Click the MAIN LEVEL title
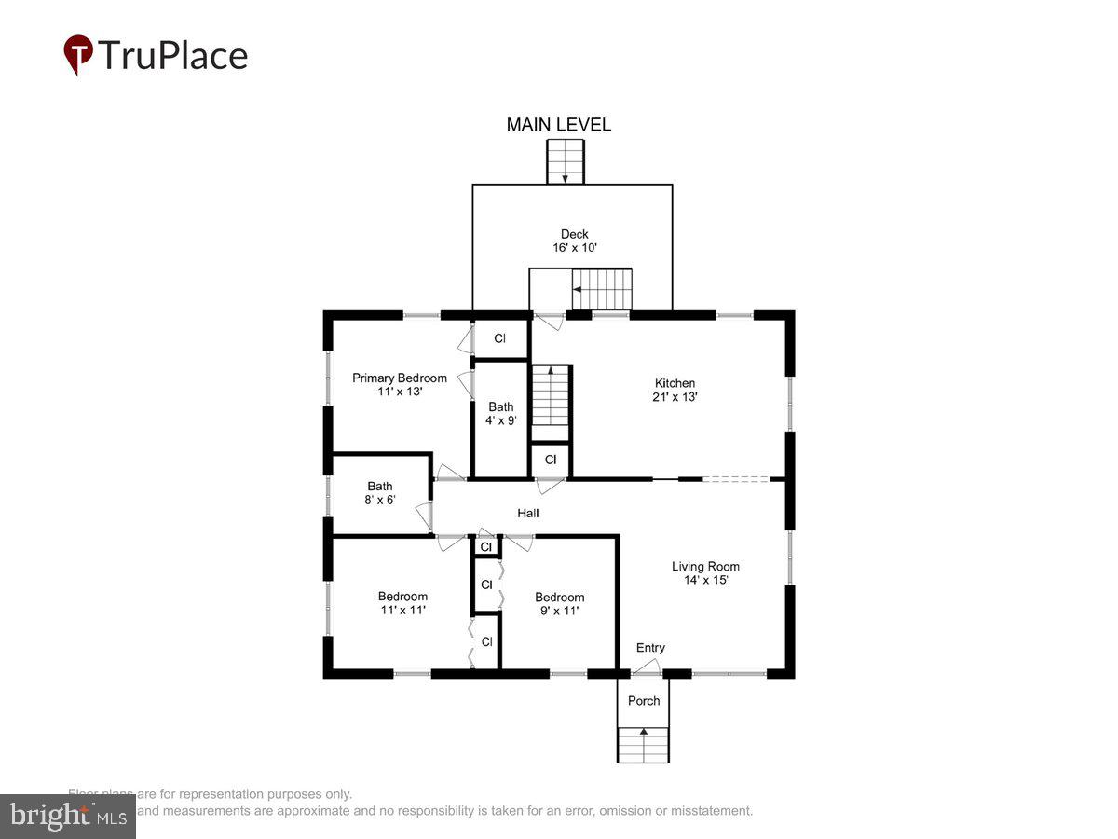pyautogui.click(x=558, y=125)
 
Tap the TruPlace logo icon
pyautogui.click(x=78, y=55)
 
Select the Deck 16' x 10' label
pyautogui.click(x=574, y=241)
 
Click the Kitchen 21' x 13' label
pyautogui.click(x=675, y=390)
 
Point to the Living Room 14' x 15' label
pyautogui.click(x=705, y=572)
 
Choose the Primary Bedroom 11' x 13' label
pyautogui.click(x=399, y=385)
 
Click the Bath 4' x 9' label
pyautogui.click(x=501, y=413)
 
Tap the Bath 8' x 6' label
pyautogui.click(x=380, y=493)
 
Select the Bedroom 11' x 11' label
pyautogui.click(x=402, y=603)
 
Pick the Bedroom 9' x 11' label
pyautogui.click(x=559, y=604)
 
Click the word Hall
pyautogui.click(x=528, y=514)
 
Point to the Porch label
pyautogui.click(x=644, y=701)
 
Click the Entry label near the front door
pyautogui.click(x=650, y=648)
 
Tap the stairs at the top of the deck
pyautogui.click(x=565, y=161)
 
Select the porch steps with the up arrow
pyautogui.click(x=643, y=744)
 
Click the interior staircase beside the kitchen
pyautogui.click(x=550, y=396)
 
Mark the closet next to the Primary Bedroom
pyautogui.click(x=500, y=338)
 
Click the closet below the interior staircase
pyautogui.click(x=551, y=460)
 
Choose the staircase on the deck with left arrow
pyautogui.click(x=601, y=289)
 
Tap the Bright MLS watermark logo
pyautogui.click(x=67, y=816)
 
